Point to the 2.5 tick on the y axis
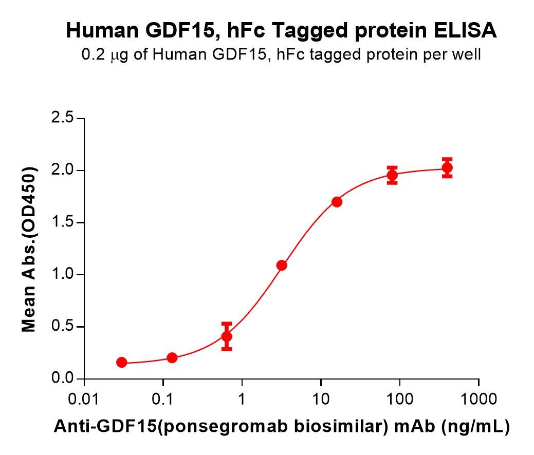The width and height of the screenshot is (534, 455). pos(65,119)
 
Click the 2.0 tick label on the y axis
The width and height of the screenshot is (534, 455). pos(65,170)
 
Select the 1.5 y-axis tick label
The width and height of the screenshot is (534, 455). pos(65,223)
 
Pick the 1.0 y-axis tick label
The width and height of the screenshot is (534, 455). pos(65,275)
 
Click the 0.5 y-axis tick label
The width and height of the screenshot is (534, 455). pos(65,327)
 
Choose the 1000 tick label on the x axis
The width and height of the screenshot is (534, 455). pos(478,399)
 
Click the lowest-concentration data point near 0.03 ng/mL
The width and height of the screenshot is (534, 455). pos(122,363)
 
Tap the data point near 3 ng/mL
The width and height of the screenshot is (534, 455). pos(282,266)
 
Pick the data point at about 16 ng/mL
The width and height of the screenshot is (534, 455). pos(337,202)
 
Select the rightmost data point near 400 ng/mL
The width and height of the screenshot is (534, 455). pos(447,168)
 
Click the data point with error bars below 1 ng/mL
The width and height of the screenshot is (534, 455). pos(227,336)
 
